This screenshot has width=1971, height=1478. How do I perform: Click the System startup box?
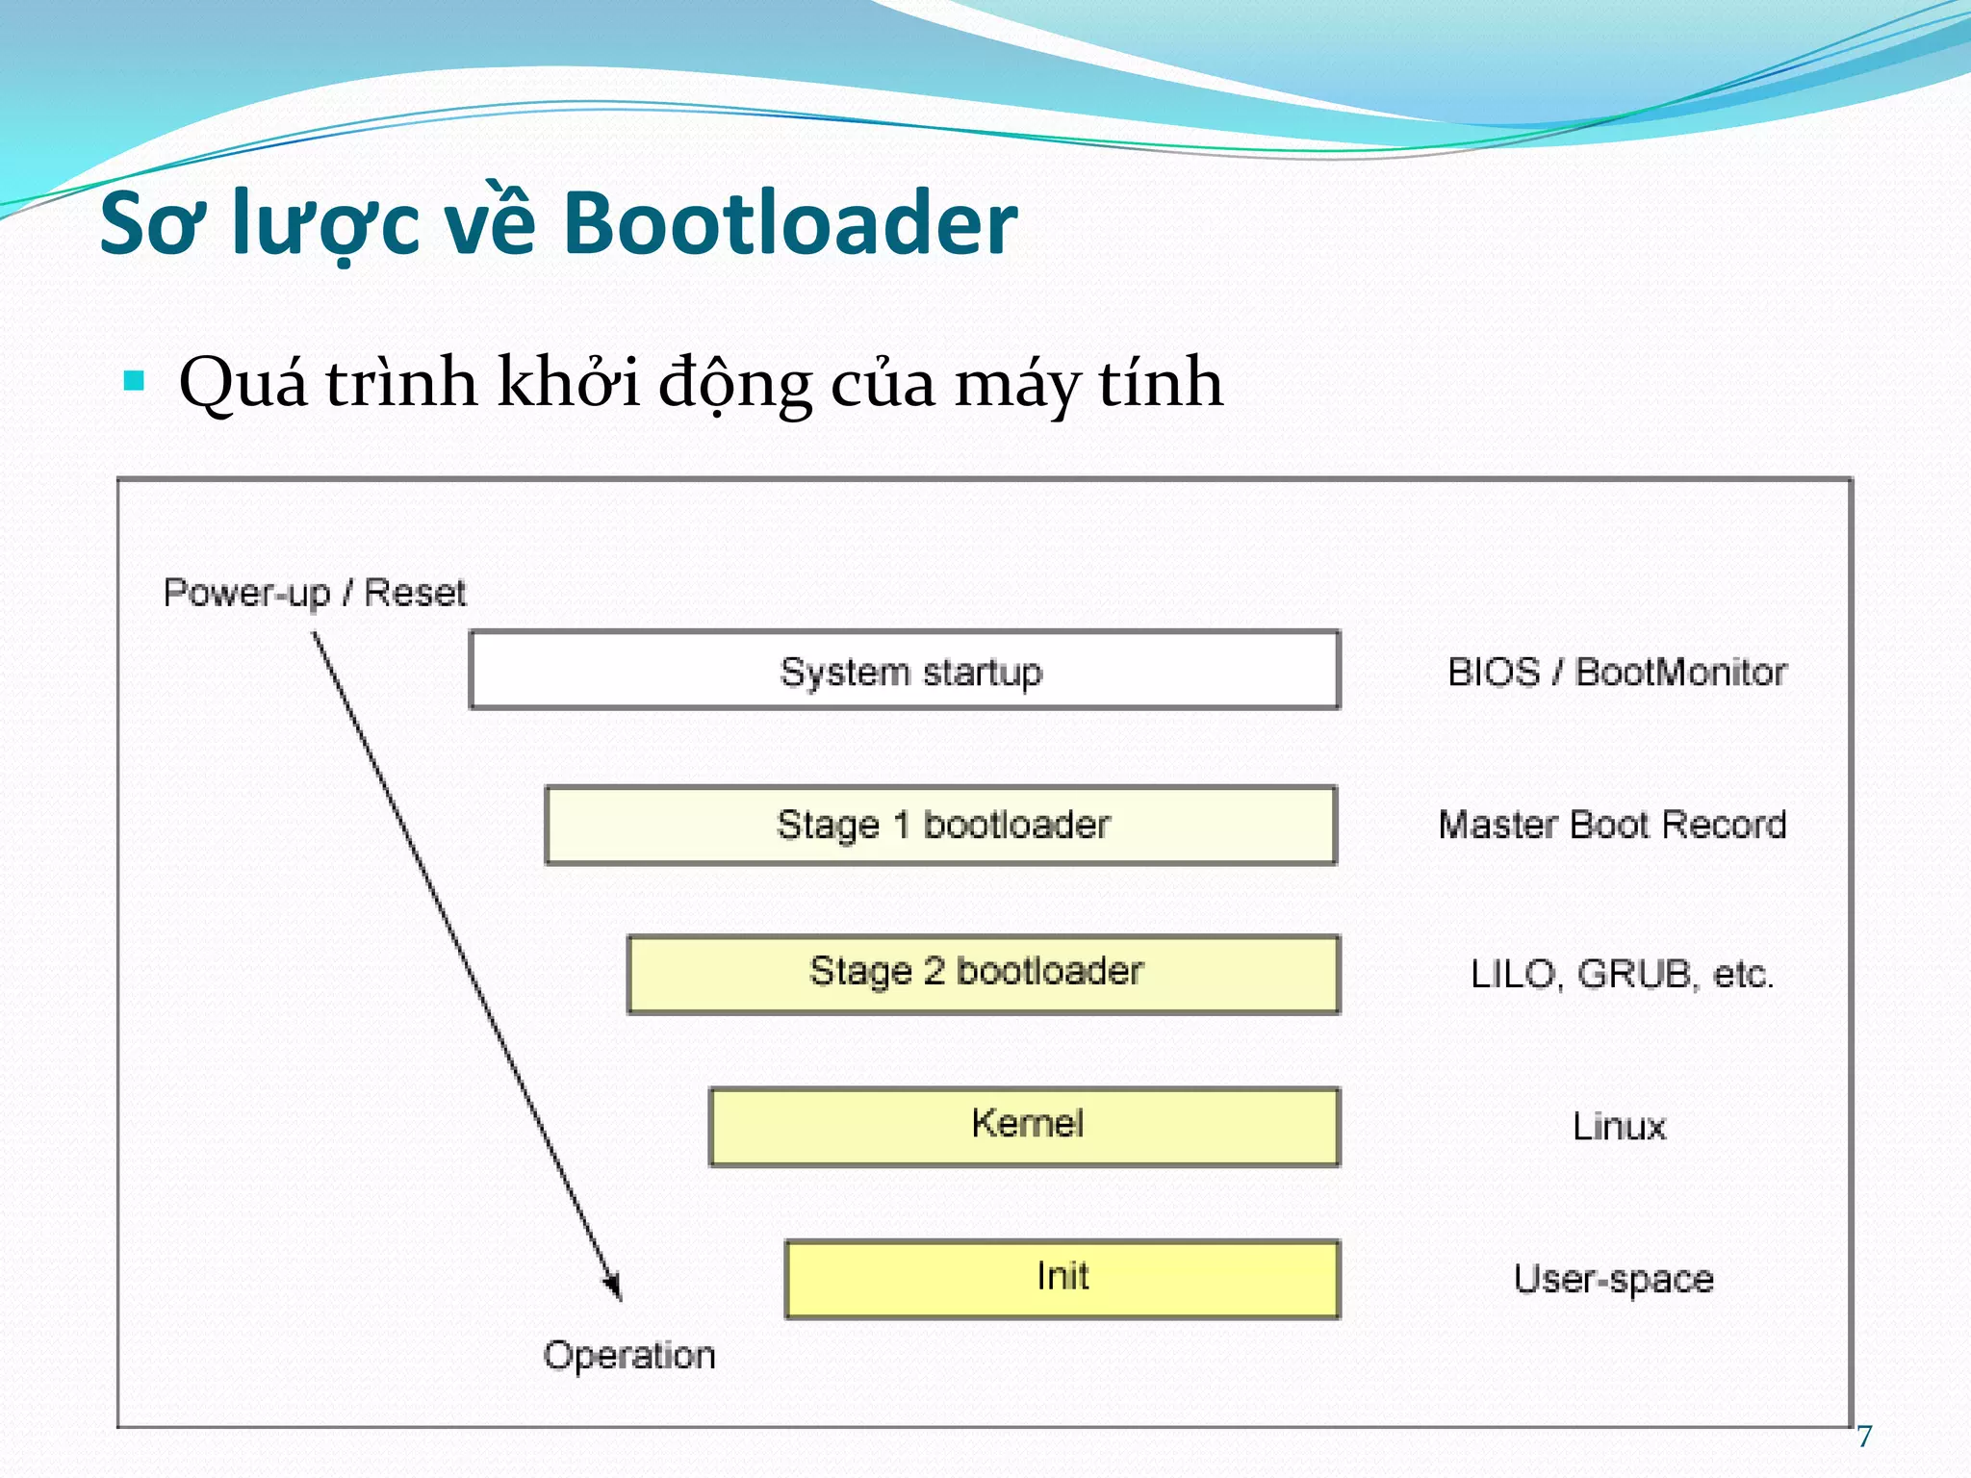click(905, 671)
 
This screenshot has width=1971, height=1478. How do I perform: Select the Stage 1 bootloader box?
click(941, 826)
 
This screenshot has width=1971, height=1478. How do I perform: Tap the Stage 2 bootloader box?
click(983, 974)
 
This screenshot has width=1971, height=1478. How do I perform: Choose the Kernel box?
click(1025, 1126)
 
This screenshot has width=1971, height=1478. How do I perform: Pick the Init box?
click(1062, 1278)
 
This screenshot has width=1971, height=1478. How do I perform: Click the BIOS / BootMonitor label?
click(1617, 672)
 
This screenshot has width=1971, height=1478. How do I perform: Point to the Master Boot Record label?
click(1612, 825)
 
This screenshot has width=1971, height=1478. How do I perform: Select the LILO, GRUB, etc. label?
click(1622, 974)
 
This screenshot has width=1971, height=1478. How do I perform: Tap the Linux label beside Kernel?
click(1619, 1126)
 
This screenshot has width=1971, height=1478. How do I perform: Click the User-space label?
click(1614, 1279)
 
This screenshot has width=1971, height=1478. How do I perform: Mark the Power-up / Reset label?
click(315, 592)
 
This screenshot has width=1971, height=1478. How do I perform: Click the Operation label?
click(629, 1355)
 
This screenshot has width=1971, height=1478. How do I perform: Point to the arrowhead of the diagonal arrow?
click(614, 1289)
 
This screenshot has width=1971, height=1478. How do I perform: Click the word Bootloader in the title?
click(790, 223)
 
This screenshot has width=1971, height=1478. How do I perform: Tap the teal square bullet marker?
click(135, 381)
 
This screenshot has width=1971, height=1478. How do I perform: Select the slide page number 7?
click(1864, 1437)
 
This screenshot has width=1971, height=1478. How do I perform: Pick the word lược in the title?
click(326, 225)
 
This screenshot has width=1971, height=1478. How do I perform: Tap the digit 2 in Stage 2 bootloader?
click(934, 971)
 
